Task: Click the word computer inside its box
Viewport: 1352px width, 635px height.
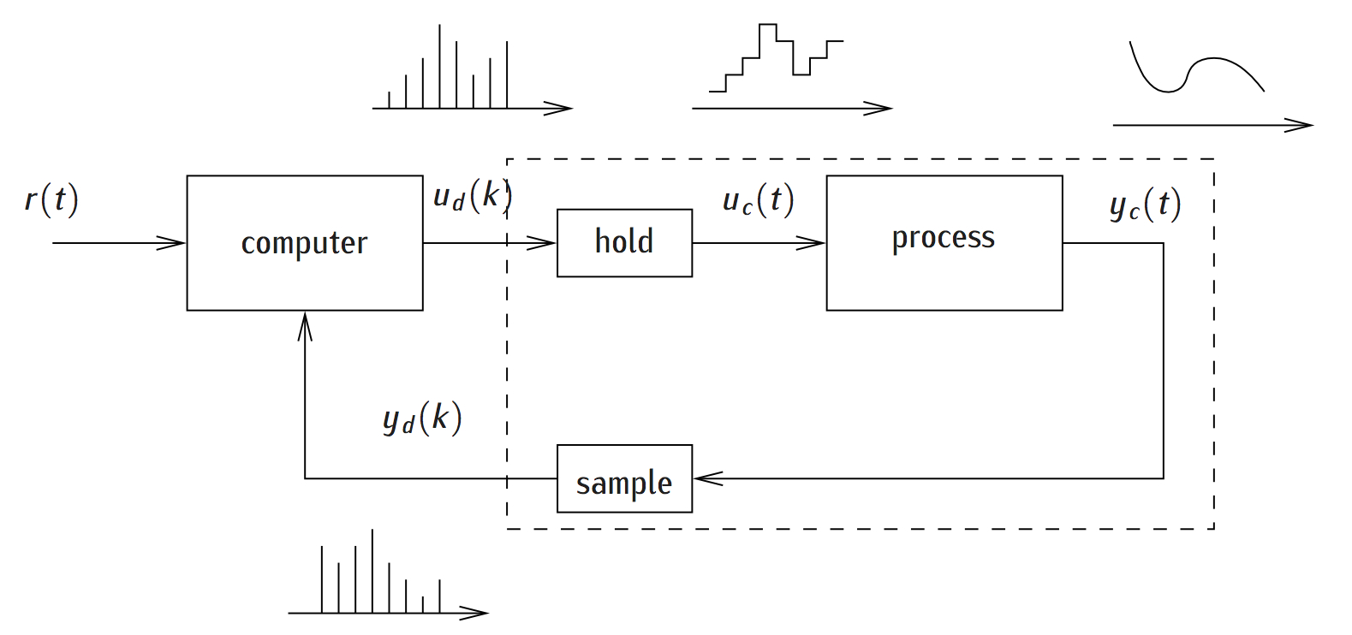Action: tap(304, 244)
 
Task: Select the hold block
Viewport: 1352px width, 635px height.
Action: tap(624, 243)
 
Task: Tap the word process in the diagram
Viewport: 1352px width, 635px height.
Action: tap(944, 238)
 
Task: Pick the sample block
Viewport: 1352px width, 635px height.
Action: tap(624, 478)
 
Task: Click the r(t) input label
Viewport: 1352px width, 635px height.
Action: tap(52, 199)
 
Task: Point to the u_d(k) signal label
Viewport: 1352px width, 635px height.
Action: tap(473, 196)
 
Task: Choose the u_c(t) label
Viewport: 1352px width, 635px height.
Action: tap(758, 200)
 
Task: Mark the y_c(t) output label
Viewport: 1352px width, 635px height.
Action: tap(1145, 205)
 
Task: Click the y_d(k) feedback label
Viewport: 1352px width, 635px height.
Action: tap(422, 418)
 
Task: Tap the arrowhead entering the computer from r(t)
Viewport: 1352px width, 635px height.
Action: tap(172, 243)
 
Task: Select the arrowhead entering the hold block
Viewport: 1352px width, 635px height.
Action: tap(541, 243)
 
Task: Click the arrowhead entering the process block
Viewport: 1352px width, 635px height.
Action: tap(811, 243)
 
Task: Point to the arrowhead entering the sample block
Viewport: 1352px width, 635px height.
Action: tap(708, 478)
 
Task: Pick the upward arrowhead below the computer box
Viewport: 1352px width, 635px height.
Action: tap(305, 326)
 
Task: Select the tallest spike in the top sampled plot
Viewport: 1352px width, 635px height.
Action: tap(439, 67)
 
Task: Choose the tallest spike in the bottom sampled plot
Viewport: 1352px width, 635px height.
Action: tap(372, 571)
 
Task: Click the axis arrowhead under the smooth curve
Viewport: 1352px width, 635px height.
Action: tap(1298, 126)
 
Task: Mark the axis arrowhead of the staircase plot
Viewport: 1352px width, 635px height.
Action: tap(878, 109)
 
